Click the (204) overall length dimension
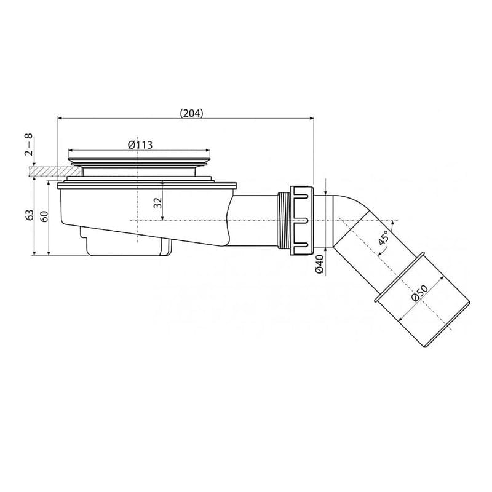pos(191,112)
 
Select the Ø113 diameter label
pos(140,144)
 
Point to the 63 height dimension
pos(29,215)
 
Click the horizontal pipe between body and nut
pos(255,218)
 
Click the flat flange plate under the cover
pos(148,184)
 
